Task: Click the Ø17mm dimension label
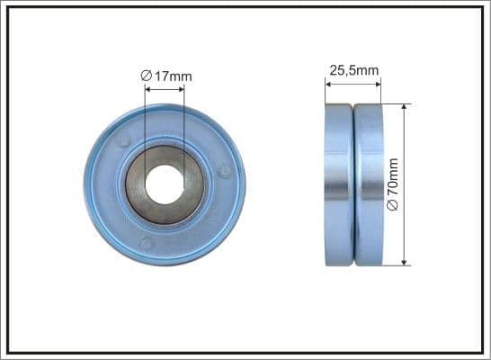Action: [x=166, y=76]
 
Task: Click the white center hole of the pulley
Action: [x=165, y=184]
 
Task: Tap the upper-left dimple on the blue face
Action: [x=123, y=140]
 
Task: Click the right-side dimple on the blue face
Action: [x=226, y=169]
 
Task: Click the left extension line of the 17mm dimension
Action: [x=145, y=117]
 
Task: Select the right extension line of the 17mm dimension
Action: [x=184, y=117]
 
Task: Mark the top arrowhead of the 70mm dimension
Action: [x=406, y=107]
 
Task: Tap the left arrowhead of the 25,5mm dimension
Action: [x=328, y=84]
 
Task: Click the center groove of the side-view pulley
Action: [x=353, y=184]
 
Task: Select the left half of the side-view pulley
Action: [x=339, y=184]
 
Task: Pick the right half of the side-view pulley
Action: [x=369, y=184]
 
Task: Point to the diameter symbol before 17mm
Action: [x=147, y=76]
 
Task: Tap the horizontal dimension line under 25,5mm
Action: [x=353, y=84]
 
